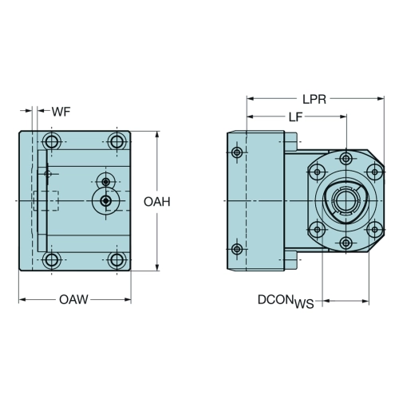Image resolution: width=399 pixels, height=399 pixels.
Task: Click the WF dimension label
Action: [61, 112]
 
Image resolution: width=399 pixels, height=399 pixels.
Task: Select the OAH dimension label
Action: [157, 202]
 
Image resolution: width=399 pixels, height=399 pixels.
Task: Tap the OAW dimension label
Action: [73, 299]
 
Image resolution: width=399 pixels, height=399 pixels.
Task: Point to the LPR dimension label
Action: [314, 100]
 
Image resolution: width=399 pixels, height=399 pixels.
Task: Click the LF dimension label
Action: [295, 117]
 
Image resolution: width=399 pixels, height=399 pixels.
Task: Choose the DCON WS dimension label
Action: [286, 302]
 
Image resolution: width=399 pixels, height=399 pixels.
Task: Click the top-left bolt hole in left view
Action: [51, 141]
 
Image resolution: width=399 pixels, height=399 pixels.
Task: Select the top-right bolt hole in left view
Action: [117, 141]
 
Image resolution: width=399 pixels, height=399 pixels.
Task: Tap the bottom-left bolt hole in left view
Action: [51, 260]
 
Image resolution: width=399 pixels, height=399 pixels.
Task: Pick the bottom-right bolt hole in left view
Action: [117, 260]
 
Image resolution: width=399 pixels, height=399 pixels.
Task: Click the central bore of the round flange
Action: [346, 200]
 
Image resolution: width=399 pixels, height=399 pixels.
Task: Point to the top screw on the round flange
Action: [346, 159]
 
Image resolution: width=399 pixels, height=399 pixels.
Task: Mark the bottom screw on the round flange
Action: [346, 243]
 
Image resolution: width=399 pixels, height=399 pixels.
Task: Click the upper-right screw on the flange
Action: [375, 172]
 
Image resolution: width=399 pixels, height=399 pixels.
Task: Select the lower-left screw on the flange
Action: [317, 229]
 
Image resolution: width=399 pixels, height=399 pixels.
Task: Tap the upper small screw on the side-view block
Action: [237, 152]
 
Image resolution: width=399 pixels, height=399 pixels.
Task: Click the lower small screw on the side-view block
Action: [237, 249]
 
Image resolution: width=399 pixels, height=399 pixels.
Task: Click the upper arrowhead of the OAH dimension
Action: [157, 135]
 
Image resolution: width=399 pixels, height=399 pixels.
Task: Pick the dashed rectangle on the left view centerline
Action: [46, 201]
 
